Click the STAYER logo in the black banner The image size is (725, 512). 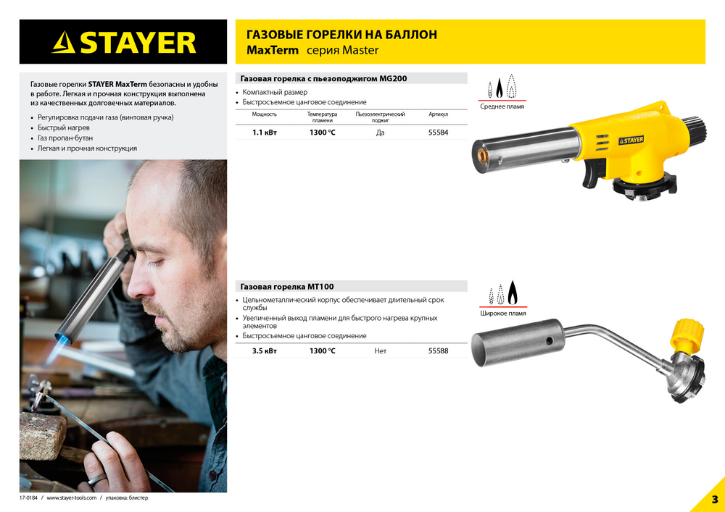point(123,42)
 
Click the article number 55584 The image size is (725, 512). point(438,133)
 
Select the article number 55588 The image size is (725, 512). point(438,351)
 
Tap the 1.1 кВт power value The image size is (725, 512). point(264,133)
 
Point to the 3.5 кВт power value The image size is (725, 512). point(264,351)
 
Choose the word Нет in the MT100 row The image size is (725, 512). point(380,351)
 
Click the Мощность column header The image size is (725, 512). point(264,114)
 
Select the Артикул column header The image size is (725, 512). point(438,114)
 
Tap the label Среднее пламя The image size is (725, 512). point(502,107)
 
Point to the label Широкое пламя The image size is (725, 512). point(502,314)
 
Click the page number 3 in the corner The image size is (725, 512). point(714,500)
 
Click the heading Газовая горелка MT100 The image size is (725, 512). point(287,287)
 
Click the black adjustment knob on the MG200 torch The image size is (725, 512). point(697,128)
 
